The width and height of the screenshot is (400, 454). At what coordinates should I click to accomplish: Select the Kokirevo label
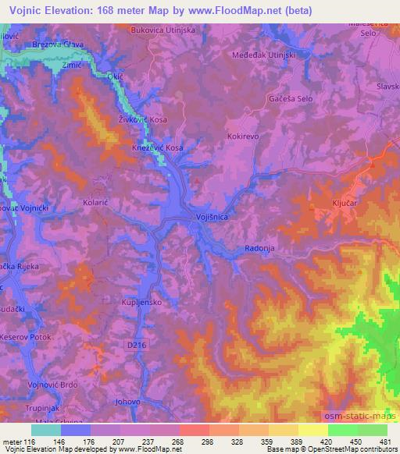(244, 136)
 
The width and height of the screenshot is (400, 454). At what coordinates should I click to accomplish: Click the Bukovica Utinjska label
(163, 30)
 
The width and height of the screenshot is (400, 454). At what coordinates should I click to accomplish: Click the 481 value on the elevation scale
(385, 441)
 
